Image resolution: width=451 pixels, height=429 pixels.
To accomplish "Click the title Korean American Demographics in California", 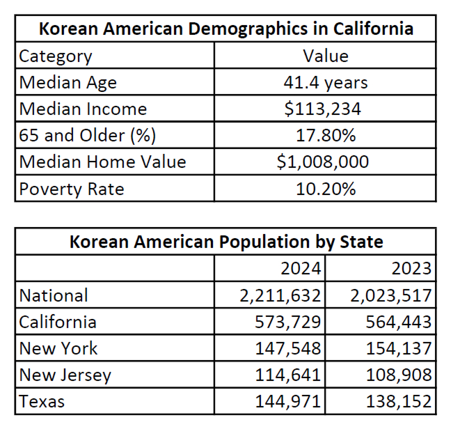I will click(225, 29).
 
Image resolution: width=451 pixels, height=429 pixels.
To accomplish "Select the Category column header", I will click(56, 56).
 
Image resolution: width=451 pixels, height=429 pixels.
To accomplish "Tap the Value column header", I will click(325, 56).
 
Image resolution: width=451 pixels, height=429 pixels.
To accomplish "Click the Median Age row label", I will click(68, 82).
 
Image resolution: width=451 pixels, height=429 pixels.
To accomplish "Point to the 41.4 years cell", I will click(325, 82).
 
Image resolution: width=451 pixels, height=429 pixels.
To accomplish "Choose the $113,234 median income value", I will click(325, 109).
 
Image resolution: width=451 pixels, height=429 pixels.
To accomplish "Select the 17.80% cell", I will click(325, 135).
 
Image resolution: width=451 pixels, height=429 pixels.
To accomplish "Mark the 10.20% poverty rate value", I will click(325, 189).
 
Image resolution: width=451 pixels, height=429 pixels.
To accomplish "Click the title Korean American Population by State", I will click(225, 242).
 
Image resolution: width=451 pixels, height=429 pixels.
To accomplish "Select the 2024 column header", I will click(301, 268).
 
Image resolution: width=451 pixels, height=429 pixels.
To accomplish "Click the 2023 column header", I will click(411, 268).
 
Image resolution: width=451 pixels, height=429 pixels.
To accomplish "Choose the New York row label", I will click(58, 348).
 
